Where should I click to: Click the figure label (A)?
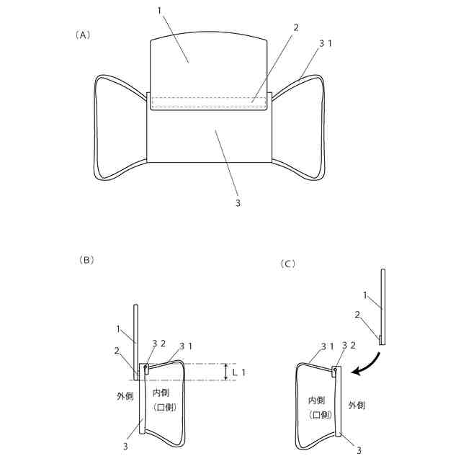tap(83, 35)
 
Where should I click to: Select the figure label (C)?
tap(287, 264)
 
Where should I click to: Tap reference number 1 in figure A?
tap(160, 12)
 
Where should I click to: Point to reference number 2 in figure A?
tap(295, 27)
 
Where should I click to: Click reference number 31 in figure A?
tap(326, 44)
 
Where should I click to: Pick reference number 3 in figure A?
tap(238, 202)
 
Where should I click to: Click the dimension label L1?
tap(246, 372)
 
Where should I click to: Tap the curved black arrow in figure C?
tap(365, 360)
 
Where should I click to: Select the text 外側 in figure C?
tap(357, 406)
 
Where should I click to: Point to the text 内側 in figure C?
tap(318, 400)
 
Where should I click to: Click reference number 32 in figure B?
tap(158, 344)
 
